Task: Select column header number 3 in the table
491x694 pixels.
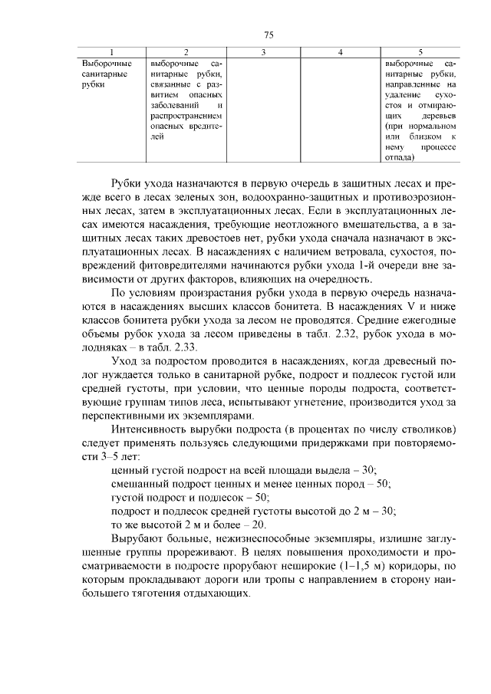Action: pos(263,52)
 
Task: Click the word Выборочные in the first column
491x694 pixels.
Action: pos(106,62)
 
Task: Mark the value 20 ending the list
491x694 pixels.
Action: pos(259,525)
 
